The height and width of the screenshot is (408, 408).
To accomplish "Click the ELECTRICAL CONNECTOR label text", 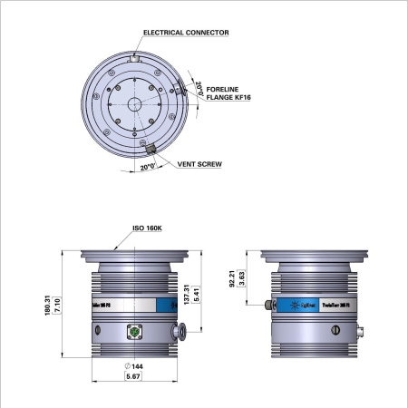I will (186, 32).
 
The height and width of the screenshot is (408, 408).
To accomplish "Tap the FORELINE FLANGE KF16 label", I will (224, 93).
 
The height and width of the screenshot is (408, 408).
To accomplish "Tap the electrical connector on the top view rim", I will (135, 58).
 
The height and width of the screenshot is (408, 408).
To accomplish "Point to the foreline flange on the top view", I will (180, 89).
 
